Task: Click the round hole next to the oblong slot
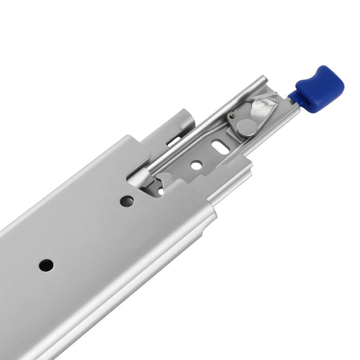pyautogui.click(x=196, y=166)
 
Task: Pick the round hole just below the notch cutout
pyautogui.click(x=127, y=201)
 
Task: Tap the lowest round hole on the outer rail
pyautogui.click(x=46, y=265)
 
